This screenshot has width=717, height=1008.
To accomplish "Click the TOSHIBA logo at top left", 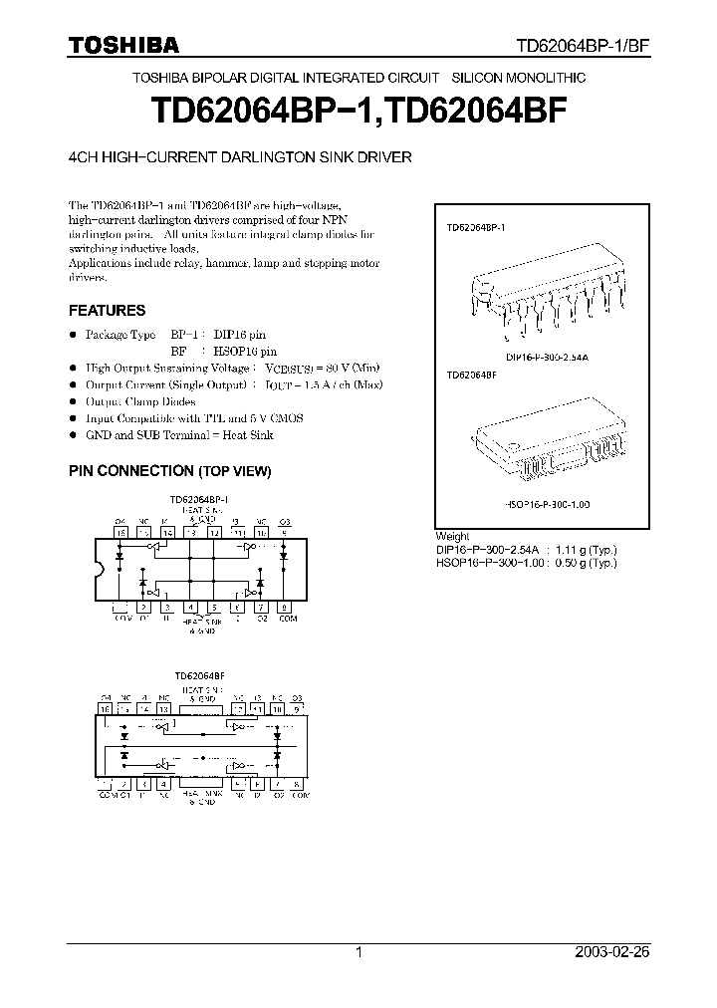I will (123, 45).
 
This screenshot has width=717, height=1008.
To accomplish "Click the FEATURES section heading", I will (107, 310).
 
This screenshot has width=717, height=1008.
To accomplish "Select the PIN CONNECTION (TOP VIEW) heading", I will (169, 470).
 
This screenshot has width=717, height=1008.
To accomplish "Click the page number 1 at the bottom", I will (358, 952).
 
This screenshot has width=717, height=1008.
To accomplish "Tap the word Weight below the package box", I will (452, 536).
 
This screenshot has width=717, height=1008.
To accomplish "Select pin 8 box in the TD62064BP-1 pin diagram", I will (286, 607).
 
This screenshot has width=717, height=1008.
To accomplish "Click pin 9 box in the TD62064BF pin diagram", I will (299, 708).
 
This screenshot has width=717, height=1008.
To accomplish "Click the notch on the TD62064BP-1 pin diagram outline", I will (98, 570).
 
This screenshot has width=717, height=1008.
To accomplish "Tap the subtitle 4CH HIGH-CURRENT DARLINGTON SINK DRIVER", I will (239, 156).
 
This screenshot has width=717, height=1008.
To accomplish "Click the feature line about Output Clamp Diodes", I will (138, 401).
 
